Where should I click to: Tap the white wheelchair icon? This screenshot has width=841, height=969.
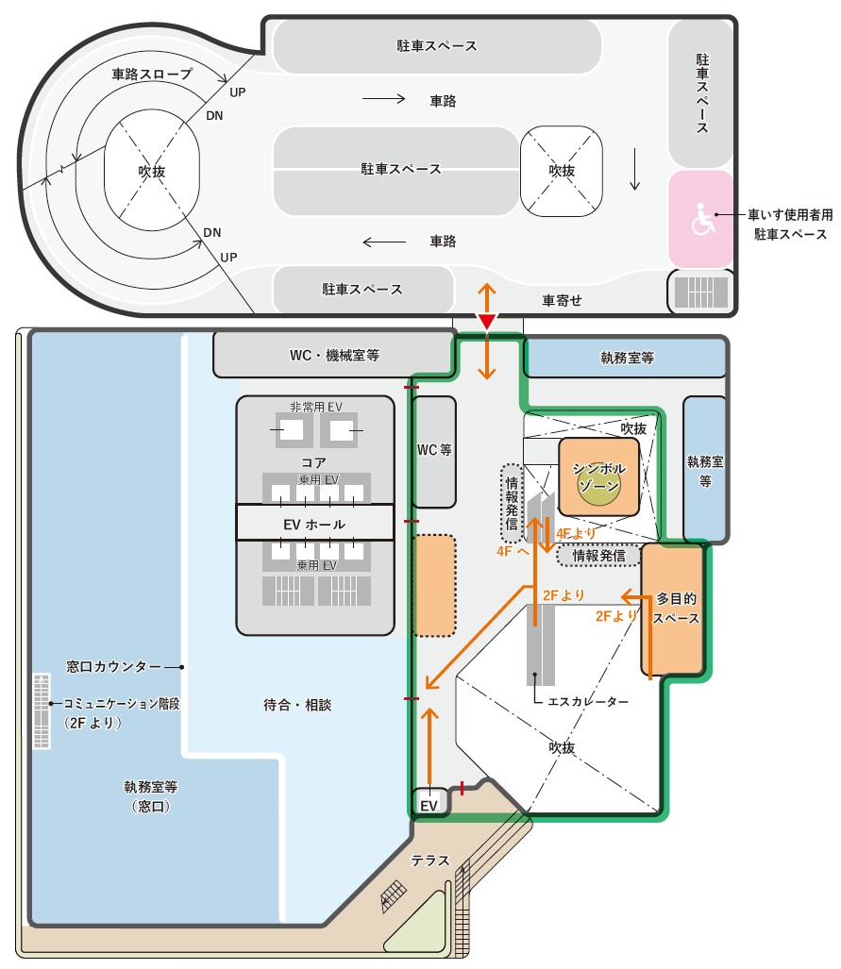702,220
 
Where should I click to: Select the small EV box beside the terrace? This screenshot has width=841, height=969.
429,802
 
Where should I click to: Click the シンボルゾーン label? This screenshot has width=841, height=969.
598,477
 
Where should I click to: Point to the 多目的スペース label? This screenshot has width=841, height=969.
676,609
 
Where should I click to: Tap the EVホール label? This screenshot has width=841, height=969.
314,525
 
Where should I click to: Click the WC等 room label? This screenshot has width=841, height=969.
434,450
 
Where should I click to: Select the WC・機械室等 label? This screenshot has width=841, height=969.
334,356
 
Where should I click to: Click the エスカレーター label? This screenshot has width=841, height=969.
588,701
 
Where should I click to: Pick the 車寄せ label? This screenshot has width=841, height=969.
563,300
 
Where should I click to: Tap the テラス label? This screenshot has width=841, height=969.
430,860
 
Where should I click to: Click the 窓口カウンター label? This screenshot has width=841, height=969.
114,667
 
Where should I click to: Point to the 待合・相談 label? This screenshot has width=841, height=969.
297,705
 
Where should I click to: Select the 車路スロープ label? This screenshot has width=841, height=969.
152,75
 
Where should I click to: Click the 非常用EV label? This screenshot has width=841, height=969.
316,407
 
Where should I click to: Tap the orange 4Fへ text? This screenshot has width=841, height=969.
513,551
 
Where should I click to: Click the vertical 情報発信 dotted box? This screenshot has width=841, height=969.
512,503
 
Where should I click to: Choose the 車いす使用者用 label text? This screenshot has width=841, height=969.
790,214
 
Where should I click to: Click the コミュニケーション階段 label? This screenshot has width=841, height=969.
122,704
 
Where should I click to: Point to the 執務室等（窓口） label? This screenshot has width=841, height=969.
151,796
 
